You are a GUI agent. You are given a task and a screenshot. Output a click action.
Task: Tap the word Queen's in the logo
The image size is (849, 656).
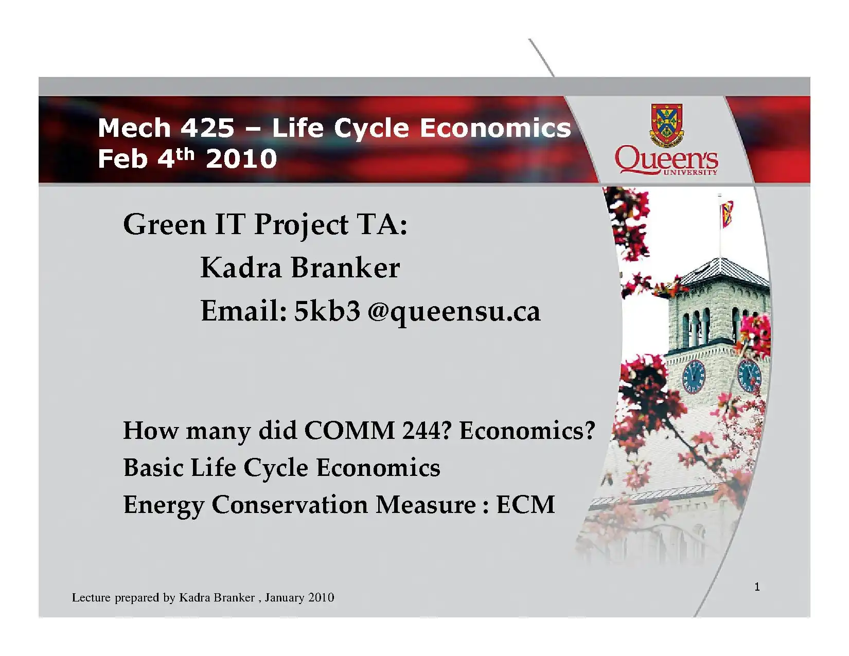[666, 159]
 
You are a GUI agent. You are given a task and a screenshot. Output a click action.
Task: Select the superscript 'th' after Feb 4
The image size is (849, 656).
[184, 154]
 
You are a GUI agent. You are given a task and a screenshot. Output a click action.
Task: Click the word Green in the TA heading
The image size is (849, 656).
[165, 225]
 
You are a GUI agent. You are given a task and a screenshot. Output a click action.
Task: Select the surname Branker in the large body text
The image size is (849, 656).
[345, 268]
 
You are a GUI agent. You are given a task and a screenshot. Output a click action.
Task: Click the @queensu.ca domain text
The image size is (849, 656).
[454, 313]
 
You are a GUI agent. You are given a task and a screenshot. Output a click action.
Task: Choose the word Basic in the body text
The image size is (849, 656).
[153, 467]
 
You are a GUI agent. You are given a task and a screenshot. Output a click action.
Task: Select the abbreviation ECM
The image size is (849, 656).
[525, 504]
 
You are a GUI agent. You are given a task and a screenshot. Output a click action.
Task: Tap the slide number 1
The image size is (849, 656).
[757, 587]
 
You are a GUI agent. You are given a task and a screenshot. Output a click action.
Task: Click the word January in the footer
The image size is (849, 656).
[285, 598]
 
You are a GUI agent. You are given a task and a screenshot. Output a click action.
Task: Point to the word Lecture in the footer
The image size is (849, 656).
[91, 597]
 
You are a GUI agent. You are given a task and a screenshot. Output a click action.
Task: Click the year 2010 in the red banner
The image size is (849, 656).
[241, 159]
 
